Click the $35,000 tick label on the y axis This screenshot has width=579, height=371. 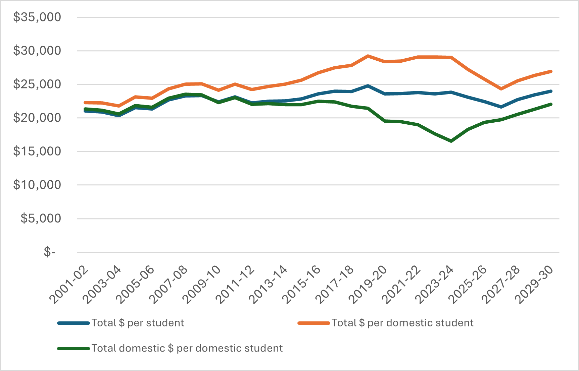37,17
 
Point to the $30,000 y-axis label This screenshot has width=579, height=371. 37,51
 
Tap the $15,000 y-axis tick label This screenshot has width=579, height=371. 37,151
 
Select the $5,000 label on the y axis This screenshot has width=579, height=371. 41,219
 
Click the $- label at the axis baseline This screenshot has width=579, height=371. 49,252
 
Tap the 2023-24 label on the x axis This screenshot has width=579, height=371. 435,285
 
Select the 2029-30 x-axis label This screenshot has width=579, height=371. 535,285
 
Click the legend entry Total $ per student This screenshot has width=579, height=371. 138,323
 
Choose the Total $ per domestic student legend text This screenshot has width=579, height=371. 402,323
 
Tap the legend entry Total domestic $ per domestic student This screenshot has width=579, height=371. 187,349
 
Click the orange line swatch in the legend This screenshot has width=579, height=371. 314,323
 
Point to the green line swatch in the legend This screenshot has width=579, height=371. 74,349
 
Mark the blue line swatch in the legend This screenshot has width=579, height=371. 74,323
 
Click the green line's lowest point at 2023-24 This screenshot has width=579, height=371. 451,141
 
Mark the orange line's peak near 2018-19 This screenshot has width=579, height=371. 368,56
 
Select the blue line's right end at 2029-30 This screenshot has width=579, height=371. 551,91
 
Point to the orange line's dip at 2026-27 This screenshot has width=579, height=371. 501,89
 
